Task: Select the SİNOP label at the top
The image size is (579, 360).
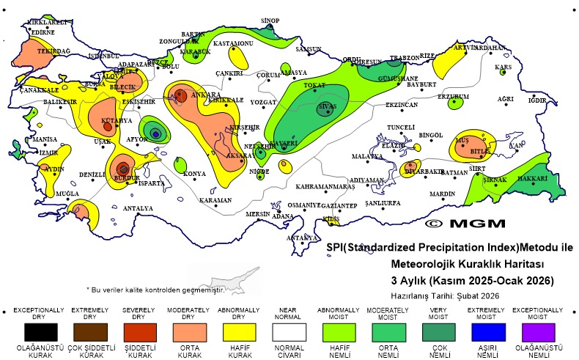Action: pos(270,21)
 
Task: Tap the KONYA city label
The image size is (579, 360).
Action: pos(194,174)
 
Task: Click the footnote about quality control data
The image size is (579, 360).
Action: pos(155,290)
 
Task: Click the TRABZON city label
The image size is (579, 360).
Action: pos(404,57)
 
